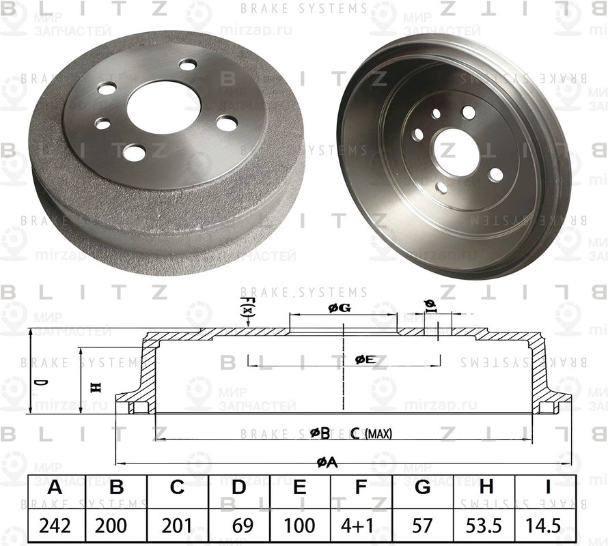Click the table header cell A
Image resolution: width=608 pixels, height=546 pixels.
point(55,488)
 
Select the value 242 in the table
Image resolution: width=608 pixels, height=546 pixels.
point(55,526)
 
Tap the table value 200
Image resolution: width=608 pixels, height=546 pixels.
point(116,526)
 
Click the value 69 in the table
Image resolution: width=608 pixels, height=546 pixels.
point(238,526)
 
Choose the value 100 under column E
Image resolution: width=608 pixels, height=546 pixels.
point(299,526)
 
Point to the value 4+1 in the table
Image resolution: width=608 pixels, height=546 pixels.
point(361,526)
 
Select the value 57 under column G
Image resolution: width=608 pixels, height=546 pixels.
point(422,526)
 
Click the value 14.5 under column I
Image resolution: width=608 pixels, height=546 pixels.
point(547,526)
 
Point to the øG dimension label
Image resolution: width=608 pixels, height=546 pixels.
point(340,308)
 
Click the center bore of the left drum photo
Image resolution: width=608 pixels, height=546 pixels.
point(158,106)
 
